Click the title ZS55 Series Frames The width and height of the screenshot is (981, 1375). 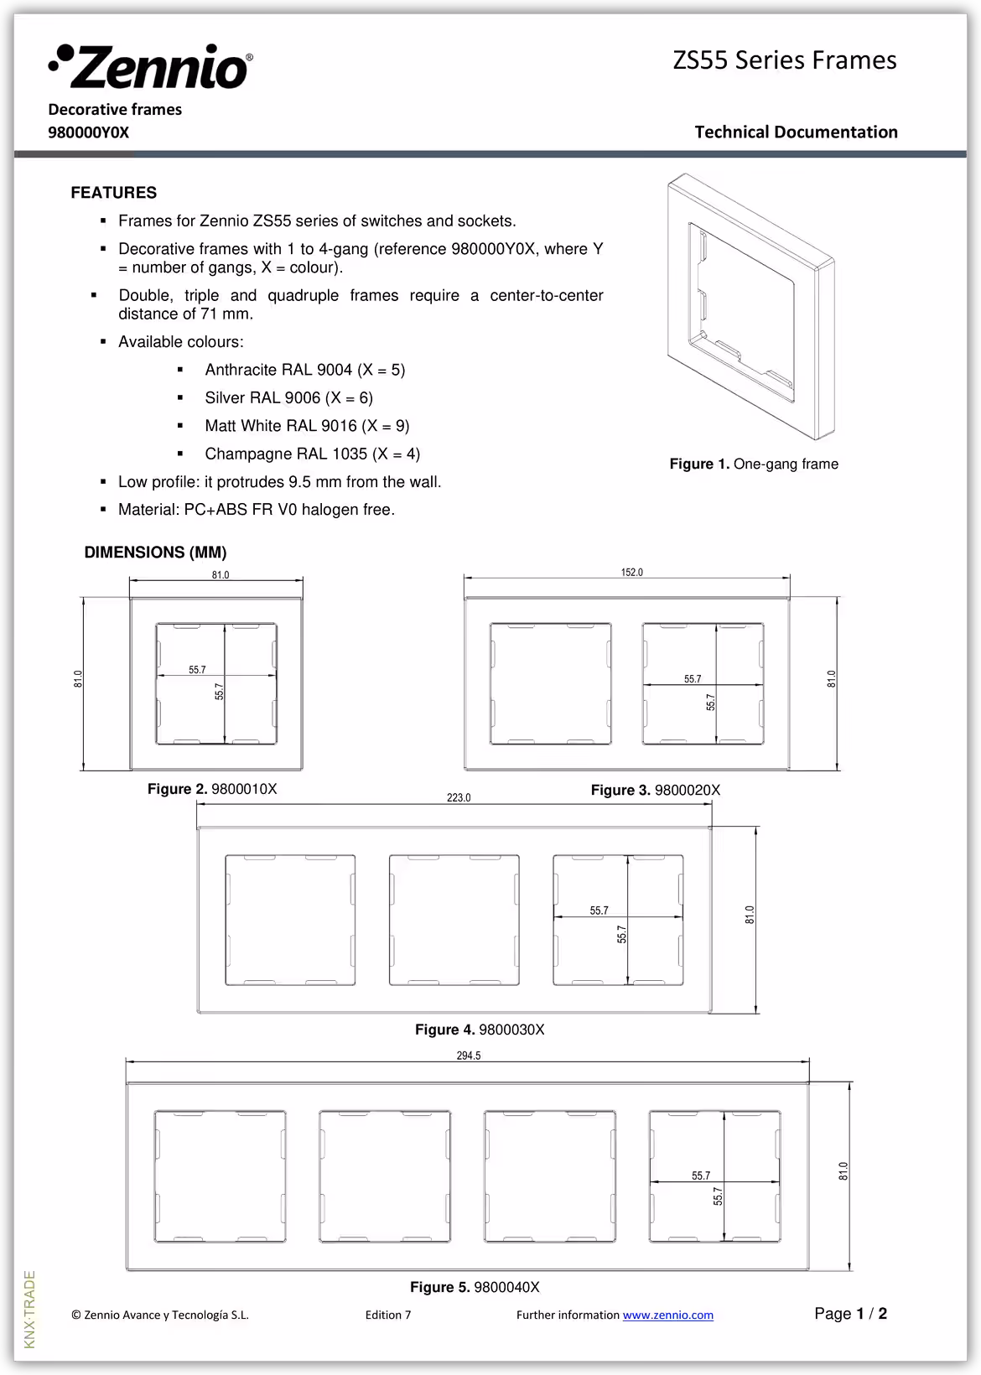[784, 60]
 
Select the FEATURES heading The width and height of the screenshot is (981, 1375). [113, 193]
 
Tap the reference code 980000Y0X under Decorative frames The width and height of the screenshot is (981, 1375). [89, 132]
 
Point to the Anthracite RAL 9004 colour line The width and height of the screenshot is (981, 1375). [304, 370]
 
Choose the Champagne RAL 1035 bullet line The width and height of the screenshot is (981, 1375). [312, 454]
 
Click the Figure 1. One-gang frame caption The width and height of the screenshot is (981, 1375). [753, 464]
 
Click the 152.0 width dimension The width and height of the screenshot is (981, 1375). [631, 573]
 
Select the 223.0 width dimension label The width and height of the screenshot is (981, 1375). [459, 797]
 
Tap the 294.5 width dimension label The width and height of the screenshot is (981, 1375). [469, 1056]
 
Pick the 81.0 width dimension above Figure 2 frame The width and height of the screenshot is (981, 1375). [220, 575]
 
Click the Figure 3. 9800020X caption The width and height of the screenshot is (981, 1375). [655, 790]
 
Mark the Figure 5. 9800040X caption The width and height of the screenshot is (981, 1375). [475, 1287]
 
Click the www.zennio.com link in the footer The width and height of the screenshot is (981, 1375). [667, 1315]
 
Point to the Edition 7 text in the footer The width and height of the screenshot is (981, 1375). [388, 1315]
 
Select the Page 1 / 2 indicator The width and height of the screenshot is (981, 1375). [850, 1314]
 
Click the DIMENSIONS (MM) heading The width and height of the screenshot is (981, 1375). [155, 553]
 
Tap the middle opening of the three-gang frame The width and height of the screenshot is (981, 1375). [454, 920]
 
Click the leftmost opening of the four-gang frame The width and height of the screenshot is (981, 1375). [220, 1175]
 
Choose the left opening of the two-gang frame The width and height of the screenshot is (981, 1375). [550, 683]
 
